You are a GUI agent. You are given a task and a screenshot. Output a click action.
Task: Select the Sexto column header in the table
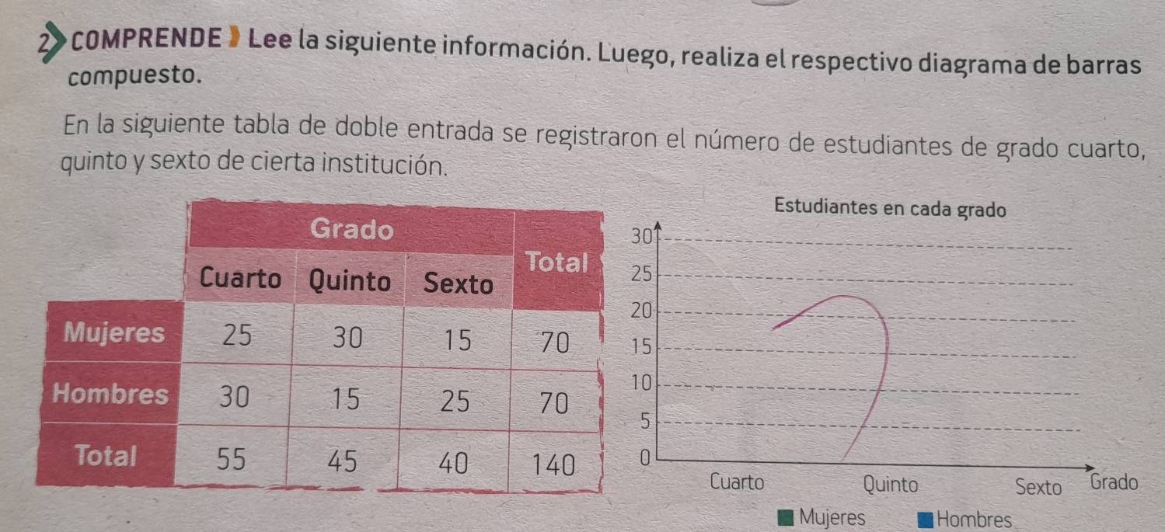(x=458, y=285)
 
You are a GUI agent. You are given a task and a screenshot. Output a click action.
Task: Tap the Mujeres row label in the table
(x=115, y=333)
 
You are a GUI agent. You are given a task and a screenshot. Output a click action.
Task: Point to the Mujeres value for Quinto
(x=347, y=338)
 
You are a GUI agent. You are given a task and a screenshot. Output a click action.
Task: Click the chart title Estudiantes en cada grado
(x=890, y=209)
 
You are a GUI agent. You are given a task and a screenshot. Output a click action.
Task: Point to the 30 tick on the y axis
(x=640, y=236)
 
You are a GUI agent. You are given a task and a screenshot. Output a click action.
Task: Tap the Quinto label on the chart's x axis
(x=890, y=485)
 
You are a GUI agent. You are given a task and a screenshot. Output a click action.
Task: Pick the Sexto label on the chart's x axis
(x=1038, y=488)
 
